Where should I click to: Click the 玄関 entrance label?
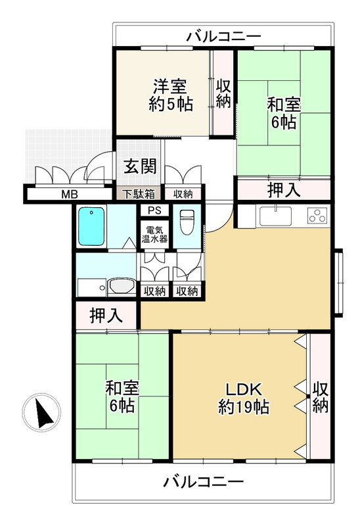pos(140,166)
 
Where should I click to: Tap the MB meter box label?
pos(68,194)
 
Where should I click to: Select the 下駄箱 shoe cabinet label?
pos(139,194)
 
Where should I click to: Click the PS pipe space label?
pos(154,211)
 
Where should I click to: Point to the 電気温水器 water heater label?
pos(155,235)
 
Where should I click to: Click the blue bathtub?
pos(92,226)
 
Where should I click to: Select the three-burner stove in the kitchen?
pos(317,215)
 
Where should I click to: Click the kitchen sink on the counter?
pos(277,215)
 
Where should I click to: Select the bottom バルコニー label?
pos(204,482)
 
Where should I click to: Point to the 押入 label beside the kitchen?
pos(284,190)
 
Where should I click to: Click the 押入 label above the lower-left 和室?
pos(106,315)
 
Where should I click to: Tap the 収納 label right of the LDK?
pos(320,398)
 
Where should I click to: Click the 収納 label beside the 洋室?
pos(223,93)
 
